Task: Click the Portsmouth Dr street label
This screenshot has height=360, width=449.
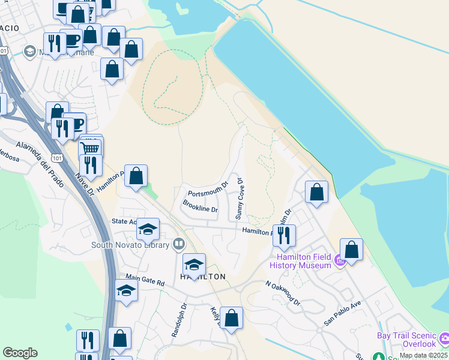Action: pos(208,190)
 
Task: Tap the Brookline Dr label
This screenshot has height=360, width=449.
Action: pos(200,206)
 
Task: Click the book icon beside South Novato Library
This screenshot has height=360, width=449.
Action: pos(178,244)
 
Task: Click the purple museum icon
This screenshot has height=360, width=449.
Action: pos(339,260)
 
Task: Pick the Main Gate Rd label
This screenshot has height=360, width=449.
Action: pos(145,278)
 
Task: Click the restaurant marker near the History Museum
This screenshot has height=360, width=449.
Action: pos(284,234)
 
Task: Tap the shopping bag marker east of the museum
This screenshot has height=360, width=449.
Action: pos(351,250)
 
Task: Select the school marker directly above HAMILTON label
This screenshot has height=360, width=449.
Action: pos(194,264)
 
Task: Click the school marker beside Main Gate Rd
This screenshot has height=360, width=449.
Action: pos(126,290)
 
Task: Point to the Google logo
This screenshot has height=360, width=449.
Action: pos(20,353)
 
